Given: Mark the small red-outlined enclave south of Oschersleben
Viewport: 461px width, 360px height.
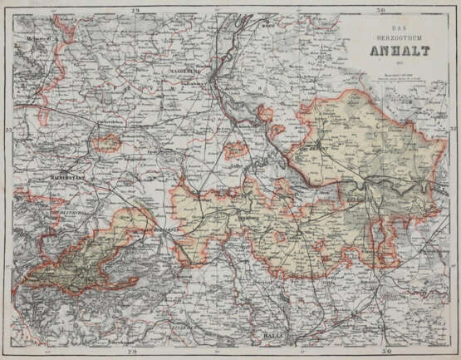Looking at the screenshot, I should [x=105, y=145].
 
